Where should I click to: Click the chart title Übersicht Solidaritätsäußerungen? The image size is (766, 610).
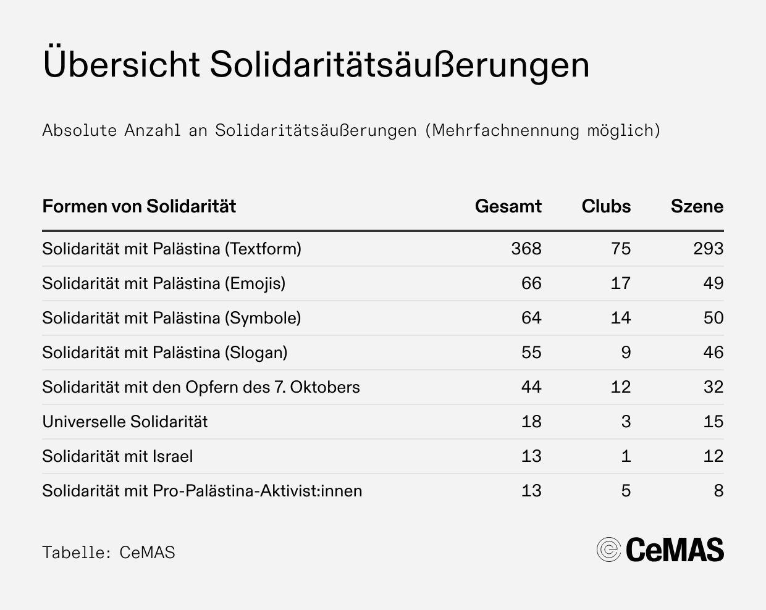(x=316, y=65)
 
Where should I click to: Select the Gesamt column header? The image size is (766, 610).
(x=508, y=206)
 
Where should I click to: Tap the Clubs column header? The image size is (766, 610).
(x=606, y=206)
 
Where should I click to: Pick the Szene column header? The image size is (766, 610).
(x=697, y=206)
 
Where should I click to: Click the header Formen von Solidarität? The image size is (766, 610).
(x=139, y=206)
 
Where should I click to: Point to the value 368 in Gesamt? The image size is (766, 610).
(x=526, y=249)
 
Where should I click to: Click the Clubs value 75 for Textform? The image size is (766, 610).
(x=621, y=249)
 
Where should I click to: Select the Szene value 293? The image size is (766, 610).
(x=708, y=249)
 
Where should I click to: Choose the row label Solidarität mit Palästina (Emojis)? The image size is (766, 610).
(x=164, y=283)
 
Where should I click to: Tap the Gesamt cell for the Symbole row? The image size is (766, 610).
(x=531, y=318)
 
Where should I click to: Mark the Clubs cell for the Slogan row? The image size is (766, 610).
(x=626, y=353)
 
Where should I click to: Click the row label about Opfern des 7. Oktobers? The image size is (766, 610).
(x=201, y=387)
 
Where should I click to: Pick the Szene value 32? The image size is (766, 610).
(x=713, y=387)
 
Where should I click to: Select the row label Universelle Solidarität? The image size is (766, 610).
(x=125, y=422)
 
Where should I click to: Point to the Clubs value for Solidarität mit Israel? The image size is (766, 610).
(x=626, y=456)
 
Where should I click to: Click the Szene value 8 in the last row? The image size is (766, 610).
(x=718, y=491)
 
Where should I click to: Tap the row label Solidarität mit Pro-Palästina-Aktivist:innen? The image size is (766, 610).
(x=202, y=491)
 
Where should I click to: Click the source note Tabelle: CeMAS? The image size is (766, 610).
(x=109, y=552)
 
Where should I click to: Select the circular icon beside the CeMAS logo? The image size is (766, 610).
(x=608, y=549)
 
